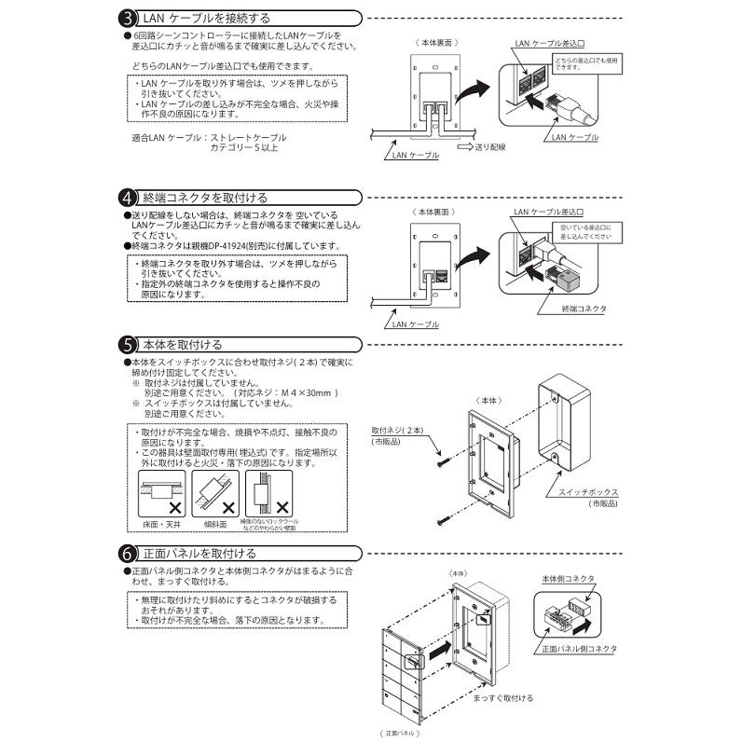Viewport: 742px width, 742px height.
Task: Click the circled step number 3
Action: pyautogui.click(x=129, y=18)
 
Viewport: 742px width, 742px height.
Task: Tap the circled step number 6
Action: pyautogui.click(x=129, y=553)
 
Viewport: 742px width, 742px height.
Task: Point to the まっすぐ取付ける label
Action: pyautogui.click(x=502, y=697)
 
